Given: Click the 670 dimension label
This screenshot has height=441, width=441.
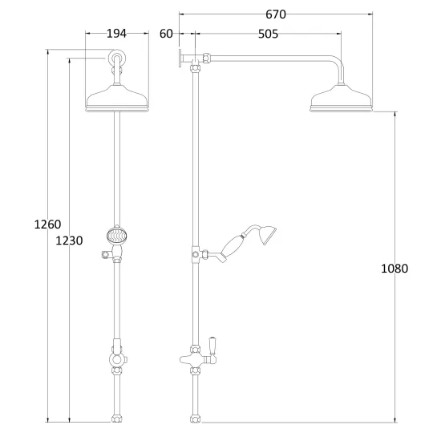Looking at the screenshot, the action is click(x=276, y=14).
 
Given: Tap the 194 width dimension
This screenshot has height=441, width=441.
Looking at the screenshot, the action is click(x=117, y=34).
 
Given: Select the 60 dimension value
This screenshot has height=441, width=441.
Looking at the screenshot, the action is click(x=166, y=34).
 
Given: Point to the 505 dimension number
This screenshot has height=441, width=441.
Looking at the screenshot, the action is click(x=268, y=34).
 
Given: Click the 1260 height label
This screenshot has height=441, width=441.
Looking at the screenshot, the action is click(x=47, y=225).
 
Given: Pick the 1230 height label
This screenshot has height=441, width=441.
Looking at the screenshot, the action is click(x=69, y=241).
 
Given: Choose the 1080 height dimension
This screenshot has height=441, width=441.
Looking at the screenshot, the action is click(x=394, y=269).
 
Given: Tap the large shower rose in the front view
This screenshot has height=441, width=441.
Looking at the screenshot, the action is click(x=117, y=98).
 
